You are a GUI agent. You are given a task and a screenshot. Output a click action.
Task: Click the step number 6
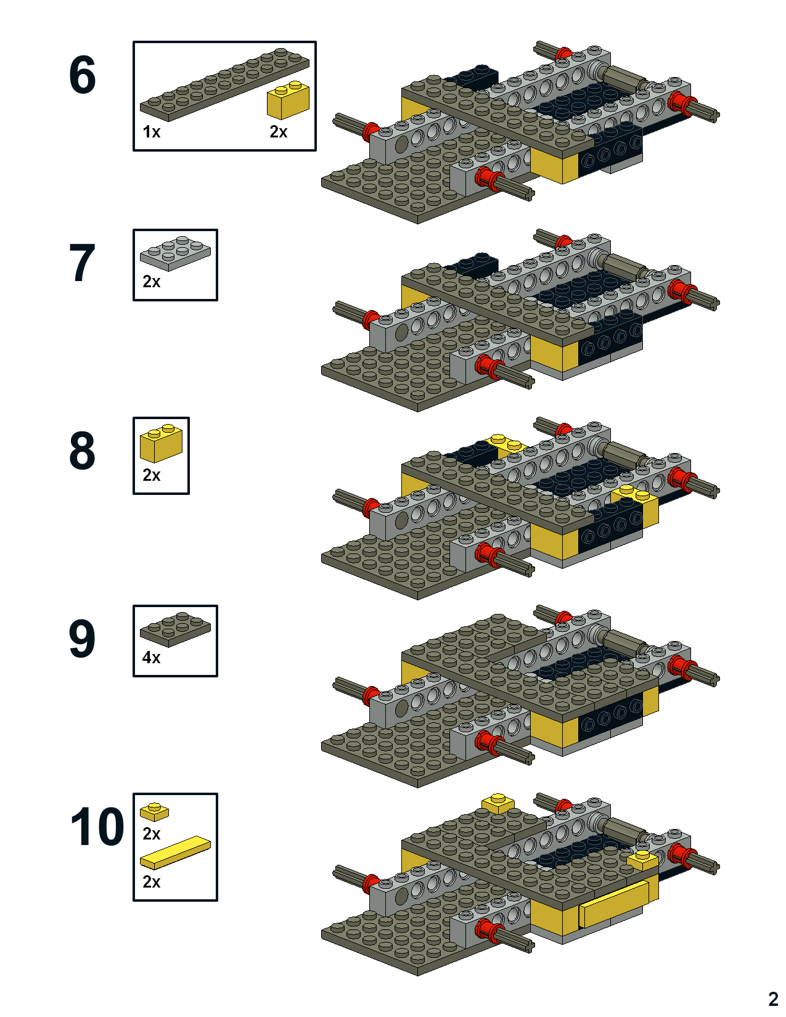click(x=83, y=75)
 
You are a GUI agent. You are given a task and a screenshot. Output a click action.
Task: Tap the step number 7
click(x=83, y=263)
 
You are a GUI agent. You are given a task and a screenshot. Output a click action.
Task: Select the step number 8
click(x=83, y=451)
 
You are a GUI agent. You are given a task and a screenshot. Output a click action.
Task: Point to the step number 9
click(x=83, y=639)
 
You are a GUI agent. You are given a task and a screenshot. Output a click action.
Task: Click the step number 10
click(x=97, y=827)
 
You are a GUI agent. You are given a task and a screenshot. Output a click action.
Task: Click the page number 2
click(x=773, y=999)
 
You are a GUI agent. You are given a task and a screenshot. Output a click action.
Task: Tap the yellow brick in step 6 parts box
click(x=288, y=100)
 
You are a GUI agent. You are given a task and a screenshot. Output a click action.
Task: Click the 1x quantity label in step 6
click(x=152, y=132)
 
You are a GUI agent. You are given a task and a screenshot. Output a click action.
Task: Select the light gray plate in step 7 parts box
click(x=176, y=252)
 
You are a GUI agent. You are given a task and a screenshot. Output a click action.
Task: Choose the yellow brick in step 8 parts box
click(x=161, y=443)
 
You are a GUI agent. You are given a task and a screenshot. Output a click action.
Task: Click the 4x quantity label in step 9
click(x=152, y=658)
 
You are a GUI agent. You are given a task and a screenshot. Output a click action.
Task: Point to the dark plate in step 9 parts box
click(x=176, y=628)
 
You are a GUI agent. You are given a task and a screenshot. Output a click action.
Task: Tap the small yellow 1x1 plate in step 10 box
click(x=154, y=811)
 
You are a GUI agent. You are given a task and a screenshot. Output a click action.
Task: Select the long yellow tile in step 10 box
click(x=176, y=852)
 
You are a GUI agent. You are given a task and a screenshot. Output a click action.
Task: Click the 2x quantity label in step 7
click(x=152, y=282)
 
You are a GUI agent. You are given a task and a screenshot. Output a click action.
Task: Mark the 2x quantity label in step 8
click(x=152, y=475)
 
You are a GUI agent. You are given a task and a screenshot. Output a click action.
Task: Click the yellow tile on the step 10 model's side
click(x=614, y=904)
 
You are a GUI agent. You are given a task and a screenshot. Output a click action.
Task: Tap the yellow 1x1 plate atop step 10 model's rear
click(x=498, y=803)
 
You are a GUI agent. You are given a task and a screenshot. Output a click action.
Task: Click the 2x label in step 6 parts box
click(x=279, y=132)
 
